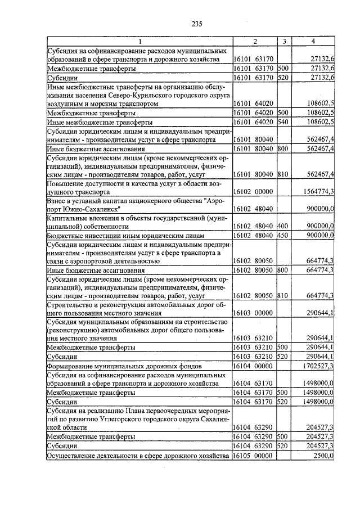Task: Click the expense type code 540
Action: [x=282, y=121]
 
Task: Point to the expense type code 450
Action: [x=282, y=235]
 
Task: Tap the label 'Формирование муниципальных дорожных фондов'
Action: [x=124, y=366]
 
